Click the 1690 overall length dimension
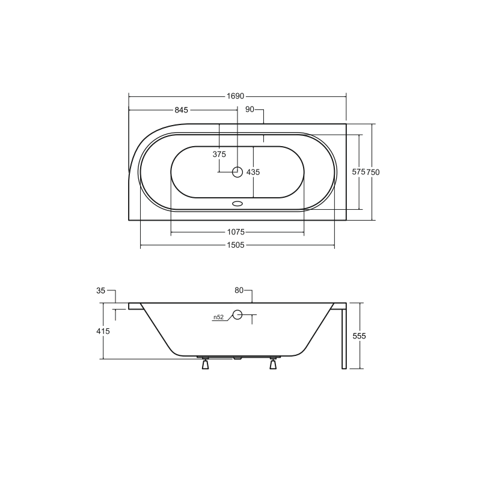(235, 96)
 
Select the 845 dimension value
(182, 110)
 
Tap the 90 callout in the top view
(250, 109)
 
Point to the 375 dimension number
(219, 155)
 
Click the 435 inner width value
(253, 172)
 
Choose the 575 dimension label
(358, 172)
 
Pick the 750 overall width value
(373, 172)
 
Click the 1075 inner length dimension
(236, 232)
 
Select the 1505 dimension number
(236, 245)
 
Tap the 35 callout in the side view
(100, 290)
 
